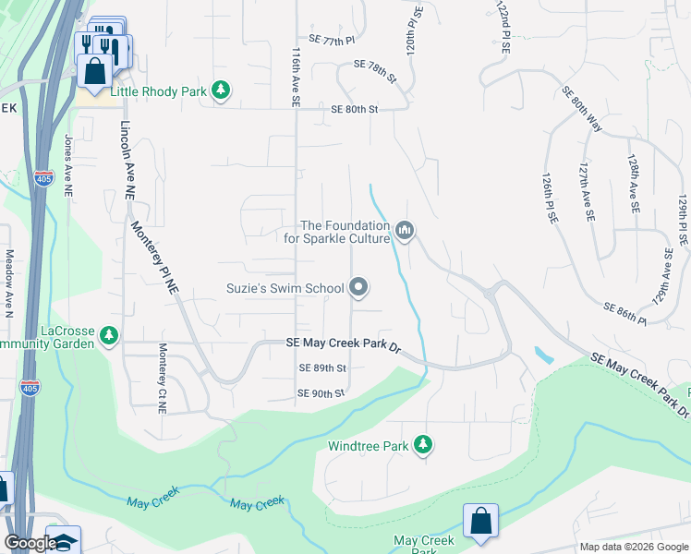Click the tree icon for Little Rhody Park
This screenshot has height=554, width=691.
[221, 90]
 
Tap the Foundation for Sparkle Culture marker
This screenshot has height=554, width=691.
[405, 230]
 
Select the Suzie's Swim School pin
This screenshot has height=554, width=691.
[359, 288]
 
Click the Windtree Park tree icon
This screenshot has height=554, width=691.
[423, 445]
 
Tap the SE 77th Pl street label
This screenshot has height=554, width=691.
[333, 40]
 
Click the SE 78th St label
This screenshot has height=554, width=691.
[375, 71]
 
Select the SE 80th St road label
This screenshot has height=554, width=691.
[356, 109]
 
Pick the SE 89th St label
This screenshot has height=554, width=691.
[322, 367]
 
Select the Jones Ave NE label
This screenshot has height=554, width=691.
[67, 166]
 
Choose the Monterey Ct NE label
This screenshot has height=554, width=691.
[163, 375]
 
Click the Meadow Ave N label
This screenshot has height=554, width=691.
[9, 277]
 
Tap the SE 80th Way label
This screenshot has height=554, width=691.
[581, 109]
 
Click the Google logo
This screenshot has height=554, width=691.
[30, 543]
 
